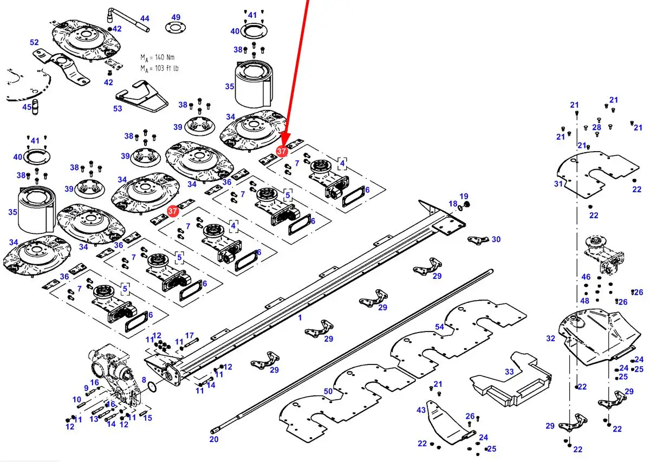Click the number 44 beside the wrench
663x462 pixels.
145,18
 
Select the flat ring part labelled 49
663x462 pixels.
175,28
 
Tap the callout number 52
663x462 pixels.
34,42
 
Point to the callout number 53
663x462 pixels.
118,109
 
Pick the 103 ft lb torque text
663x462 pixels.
167,68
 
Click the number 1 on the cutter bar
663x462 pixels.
300,317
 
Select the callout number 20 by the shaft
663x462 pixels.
214,439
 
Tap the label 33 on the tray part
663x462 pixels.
509,372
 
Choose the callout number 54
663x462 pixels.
439,327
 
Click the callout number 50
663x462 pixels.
328,391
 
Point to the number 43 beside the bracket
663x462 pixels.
421,410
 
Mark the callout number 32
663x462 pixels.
550,339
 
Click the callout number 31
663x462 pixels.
558,184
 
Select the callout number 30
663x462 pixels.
496,239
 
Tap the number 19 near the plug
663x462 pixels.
464,196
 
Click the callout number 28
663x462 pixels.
597,127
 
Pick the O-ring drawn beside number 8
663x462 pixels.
152,386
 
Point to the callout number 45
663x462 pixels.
27,107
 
